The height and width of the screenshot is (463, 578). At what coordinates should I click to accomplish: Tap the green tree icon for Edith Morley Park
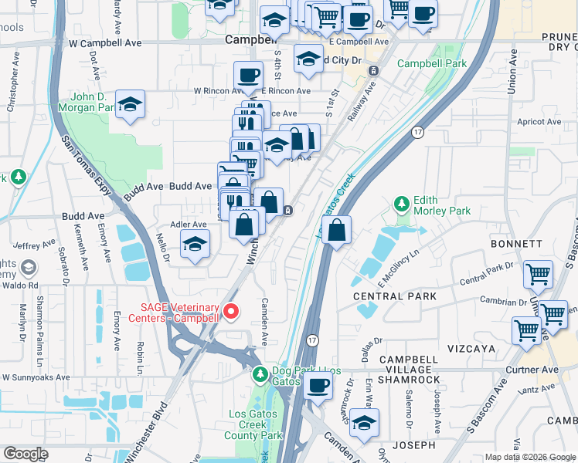coord(401,204)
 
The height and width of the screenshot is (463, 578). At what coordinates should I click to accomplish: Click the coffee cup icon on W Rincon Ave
coord(248,76)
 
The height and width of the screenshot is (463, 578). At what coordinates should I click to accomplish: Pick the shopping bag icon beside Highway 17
coord(337,230)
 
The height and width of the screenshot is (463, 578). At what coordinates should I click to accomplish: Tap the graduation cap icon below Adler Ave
coord(195,245)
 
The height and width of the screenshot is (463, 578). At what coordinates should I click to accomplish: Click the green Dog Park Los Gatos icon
coord(261,374)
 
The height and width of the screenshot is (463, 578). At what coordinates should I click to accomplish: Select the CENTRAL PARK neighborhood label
coord(394,296)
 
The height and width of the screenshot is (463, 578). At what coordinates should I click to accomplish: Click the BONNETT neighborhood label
coord(516,244)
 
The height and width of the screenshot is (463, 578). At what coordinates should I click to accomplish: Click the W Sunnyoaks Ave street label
coord(35,378)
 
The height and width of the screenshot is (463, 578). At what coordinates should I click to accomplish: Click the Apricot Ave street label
coord(539,122)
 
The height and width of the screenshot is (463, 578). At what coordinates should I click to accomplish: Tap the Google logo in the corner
coord(25,454)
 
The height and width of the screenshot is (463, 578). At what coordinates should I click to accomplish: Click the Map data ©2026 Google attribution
coord(529,457)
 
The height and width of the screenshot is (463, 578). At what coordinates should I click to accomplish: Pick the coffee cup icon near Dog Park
coord(317,385)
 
